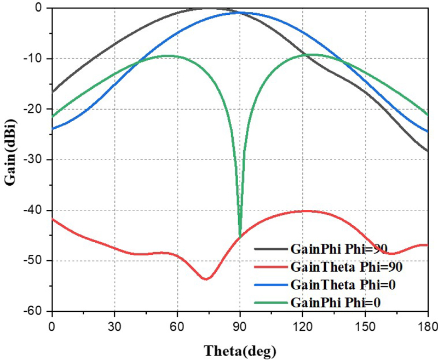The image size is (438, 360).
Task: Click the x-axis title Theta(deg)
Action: tap(240, 350)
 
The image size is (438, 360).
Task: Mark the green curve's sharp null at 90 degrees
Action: tap(240, 236)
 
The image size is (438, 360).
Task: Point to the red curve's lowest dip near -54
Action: tap(206, 279)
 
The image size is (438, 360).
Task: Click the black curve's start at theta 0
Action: tap(53, 92)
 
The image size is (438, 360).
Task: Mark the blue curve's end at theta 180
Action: tap(427, 132)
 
